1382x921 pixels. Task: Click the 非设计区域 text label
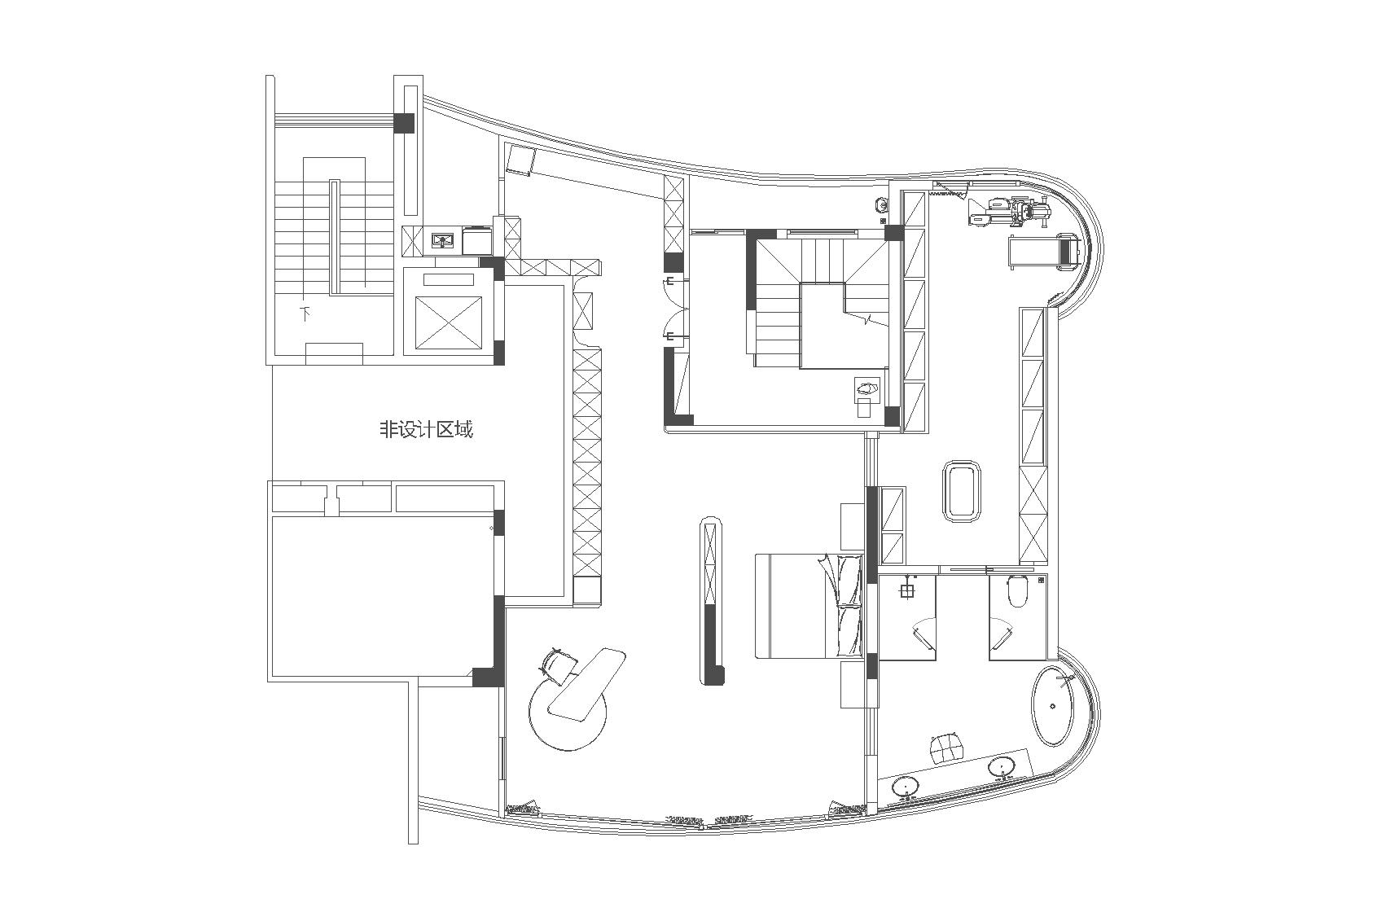426,428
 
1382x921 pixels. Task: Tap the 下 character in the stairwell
305,314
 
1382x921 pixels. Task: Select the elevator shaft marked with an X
448,322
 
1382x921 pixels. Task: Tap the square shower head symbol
906,591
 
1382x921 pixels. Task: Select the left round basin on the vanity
906,787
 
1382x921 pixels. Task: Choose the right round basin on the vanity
1001,767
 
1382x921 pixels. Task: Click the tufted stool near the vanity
948,748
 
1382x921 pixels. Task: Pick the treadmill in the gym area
1043,252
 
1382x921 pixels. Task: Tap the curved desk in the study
586,683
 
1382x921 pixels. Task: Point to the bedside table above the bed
853,525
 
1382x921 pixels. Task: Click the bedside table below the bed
853,684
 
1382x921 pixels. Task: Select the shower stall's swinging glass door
922,632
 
